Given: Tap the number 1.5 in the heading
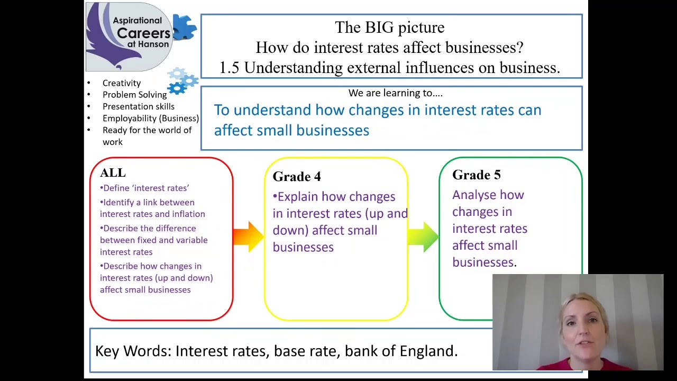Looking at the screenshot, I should [x=230, y=68].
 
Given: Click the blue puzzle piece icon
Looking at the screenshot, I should [x=184, y=27].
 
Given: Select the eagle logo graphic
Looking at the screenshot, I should [x=106, y=40].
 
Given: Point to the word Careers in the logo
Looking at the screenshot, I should [x=143, y=33].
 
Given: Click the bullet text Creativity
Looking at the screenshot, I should [x=122, y=83].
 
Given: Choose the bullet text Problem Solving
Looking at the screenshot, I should [x=134, y=95].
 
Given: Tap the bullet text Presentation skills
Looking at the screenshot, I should [x=138, y=106].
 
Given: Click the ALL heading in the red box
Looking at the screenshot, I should [x=113, y=173].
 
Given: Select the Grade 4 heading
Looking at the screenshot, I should [x=297, y=177].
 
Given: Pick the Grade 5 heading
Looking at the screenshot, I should [x=476, y=175].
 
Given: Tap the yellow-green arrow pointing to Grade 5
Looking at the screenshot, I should [x=423, y=236].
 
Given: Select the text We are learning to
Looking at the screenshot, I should [x=395, y=93].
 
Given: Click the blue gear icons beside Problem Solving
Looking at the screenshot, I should [x=182, y=81].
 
